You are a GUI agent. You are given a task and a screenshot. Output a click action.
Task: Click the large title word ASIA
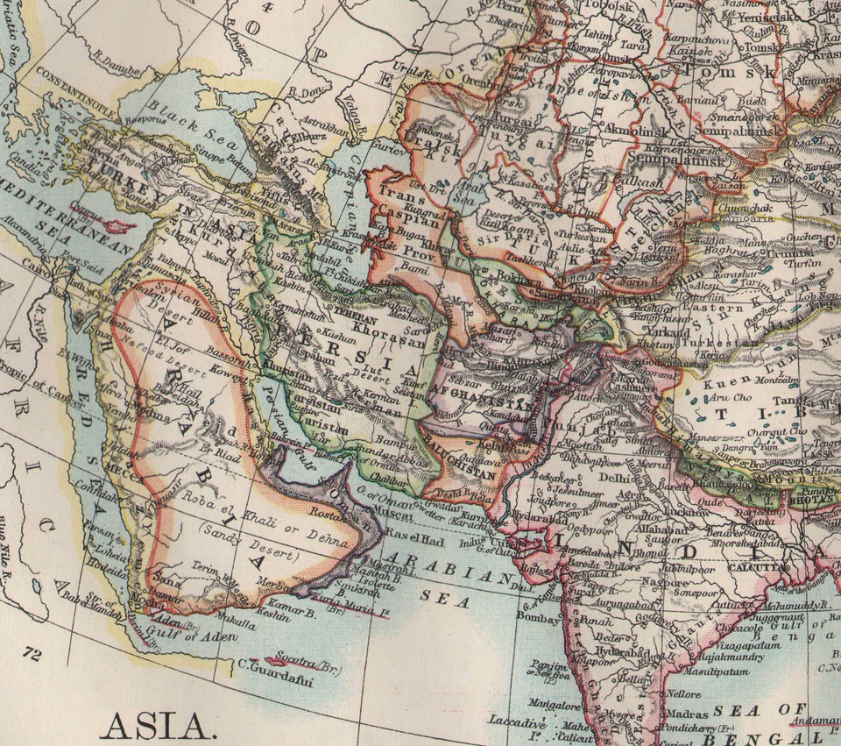(157, 725)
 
